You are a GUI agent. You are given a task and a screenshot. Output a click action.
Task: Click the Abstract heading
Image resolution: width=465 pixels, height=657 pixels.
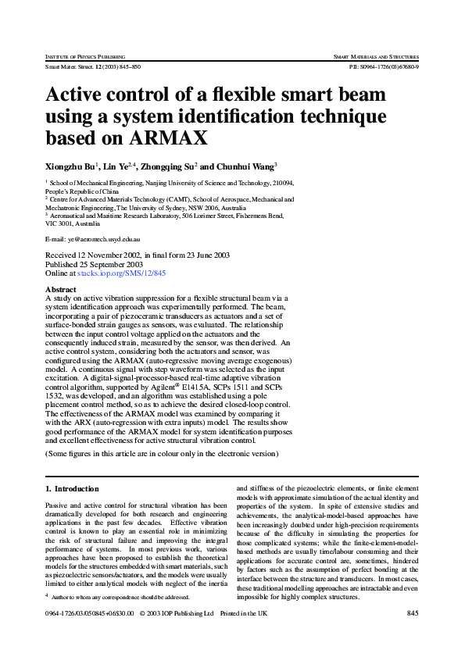pyautogui.click(x=61, y=289)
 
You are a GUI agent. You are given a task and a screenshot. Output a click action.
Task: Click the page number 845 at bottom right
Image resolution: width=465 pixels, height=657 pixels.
pyautogui.click(x=413, y=613)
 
